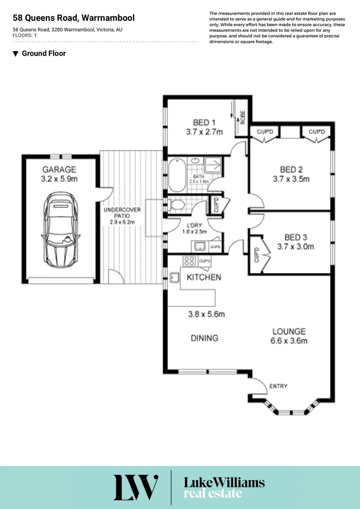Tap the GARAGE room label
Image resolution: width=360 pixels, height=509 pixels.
[59, 169]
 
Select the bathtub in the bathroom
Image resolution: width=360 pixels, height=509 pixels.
[177, 175]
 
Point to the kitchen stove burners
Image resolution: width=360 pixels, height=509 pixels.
[189, 260]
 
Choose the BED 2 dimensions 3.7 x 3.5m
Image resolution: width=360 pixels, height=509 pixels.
[291, 179]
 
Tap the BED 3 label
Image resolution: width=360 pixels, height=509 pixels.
[295, 237]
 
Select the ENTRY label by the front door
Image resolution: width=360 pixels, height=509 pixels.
[278, 386]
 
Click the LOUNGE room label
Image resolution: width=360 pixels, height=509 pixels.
[288, 331]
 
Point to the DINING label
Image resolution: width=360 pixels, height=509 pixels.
[205, 338]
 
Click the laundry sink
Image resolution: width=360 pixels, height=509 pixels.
[198, 246]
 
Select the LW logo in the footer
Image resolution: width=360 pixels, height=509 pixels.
[136, 487]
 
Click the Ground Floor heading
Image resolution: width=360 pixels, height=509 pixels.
[43, 54]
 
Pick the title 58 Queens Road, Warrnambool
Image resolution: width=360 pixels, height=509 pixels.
[74, 18]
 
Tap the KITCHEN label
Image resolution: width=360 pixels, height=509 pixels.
[204, 277]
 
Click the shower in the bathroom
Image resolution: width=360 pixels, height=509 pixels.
[213, 165]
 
